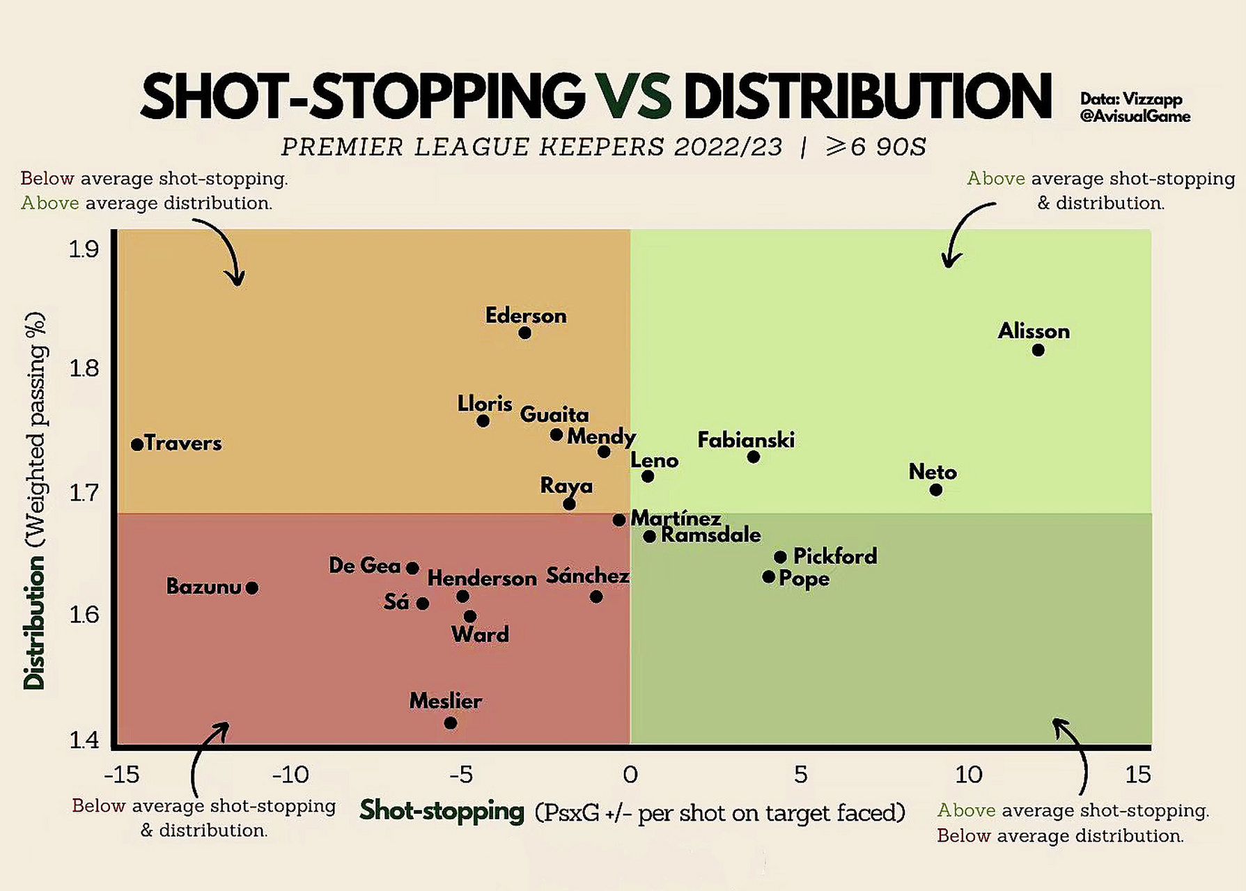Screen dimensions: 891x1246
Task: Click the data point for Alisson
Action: tap(1038, 350)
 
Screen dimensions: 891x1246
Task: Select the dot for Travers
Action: tap(137, 444)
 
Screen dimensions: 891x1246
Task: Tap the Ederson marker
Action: tap(525, 333)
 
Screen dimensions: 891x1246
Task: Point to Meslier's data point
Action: tap(451, 723)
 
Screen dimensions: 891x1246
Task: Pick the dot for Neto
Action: tap(936, 490)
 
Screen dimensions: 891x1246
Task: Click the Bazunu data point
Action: tap(252, 588)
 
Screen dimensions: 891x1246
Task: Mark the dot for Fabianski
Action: tap(754, 457)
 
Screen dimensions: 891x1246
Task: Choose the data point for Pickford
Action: tap(781, 557)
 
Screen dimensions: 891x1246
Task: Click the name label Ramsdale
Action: tap(710, 535)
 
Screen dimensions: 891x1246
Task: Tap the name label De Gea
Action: tap(364, 565)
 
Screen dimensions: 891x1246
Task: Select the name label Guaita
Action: tap(554, 415)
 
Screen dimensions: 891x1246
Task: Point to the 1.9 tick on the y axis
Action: tap(84, 249)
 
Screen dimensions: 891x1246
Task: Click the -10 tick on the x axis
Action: tap(290, 774)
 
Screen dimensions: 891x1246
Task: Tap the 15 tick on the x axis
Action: tap(1138, 774)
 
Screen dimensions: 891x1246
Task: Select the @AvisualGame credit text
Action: tap(1135, 117)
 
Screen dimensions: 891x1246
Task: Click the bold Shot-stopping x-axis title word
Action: tap(442, 811)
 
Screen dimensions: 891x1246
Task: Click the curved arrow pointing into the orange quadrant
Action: tap(223, 251)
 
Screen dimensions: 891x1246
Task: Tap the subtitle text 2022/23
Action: tap(728, 148)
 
